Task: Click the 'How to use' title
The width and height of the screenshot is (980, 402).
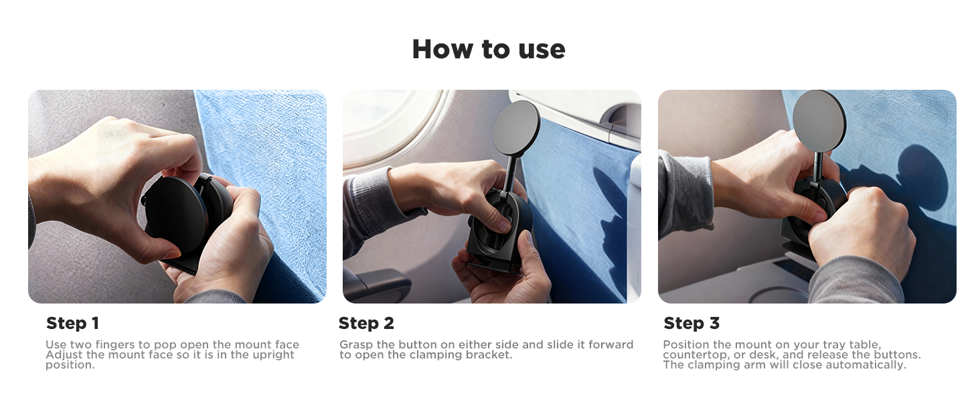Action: click(489, 49)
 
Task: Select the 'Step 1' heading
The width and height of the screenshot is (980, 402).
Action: click(72, 324)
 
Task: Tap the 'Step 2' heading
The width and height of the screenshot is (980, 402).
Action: click(366, 324)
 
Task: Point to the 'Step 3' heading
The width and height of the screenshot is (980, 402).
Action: click(691, 324)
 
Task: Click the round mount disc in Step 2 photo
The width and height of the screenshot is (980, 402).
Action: click(515, 127)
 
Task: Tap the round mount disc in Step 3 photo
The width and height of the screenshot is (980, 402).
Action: click(819, 119)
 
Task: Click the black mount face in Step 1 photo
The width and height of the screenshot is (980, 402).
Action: click(175, 214)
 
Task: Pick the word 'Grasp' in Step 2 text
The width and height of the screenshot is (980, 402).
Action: click(356, 345)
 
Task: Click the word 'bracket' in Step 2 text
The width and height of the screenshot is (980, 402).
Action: click(490, 355)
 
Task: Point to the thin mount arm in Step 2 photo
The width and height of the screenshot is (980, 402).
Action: click(510, 174)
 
